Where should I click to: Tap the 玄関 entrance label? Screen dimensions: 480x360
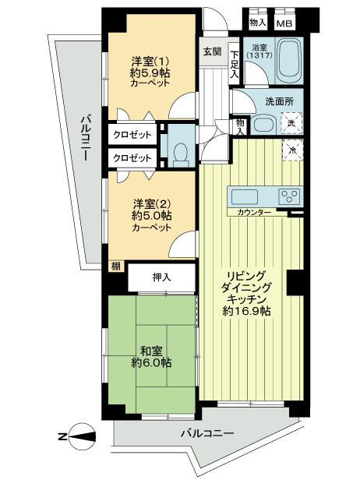tap(213, 52)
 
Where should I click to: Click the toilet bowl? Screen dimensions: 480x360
tap(181, 148)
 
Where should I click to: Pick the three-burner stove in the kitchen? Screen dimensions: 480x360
tap(288, 196)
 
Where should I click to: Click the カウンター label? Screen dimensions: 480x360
tap(249, 213)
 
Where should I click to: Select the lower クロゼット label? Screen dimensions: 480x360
tap(132, 157)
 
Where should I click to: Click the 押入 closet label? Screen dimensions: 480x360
tap(161, 277)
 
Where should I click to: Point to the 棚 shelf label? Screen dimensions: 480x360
tap(115, 267)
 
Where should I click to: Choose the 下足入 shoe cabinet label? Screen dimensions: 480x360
tap(235, 65)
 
